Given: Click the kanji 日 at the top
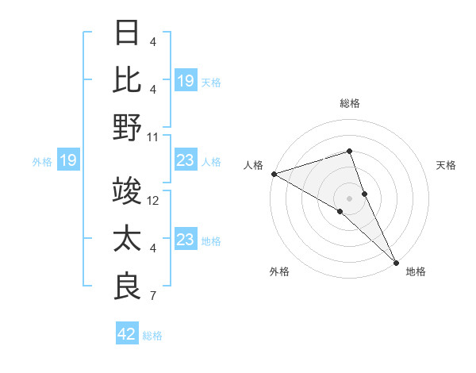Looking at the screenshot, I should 127,33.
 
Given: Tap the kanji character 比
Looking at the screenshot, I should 127,79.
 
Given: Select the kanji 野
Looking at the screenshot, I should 127,127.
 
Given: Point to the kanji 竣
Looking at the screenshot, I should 127,191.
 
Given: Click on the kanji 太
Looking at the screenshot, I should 127,239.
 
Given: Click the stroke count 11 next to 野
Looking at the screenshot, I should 153,137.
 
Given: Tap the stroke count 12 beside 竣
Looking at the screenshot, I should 153,201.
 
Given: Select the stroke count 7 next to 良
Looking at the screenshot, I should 153,297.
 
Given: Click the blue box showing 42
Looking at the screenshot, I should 126,334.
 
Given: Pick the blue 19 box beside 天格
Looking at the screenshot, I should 185,81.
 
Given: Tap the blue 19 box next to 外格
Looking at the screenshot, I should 67,161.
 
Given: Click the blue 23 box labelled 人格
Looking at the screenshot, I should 185,161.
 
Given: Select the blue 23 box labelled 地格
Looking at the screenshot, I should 185,240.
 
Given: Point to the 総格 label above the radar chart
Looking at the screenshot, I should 349,103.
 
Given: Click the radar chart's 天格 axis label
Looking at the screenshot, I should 447,165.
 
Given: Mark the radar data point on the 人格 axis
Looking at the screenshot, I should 274,174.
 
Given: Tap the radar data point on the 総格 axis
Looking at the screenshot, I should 349,151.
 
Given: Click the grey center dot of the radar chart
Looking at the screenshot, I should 349,198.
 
